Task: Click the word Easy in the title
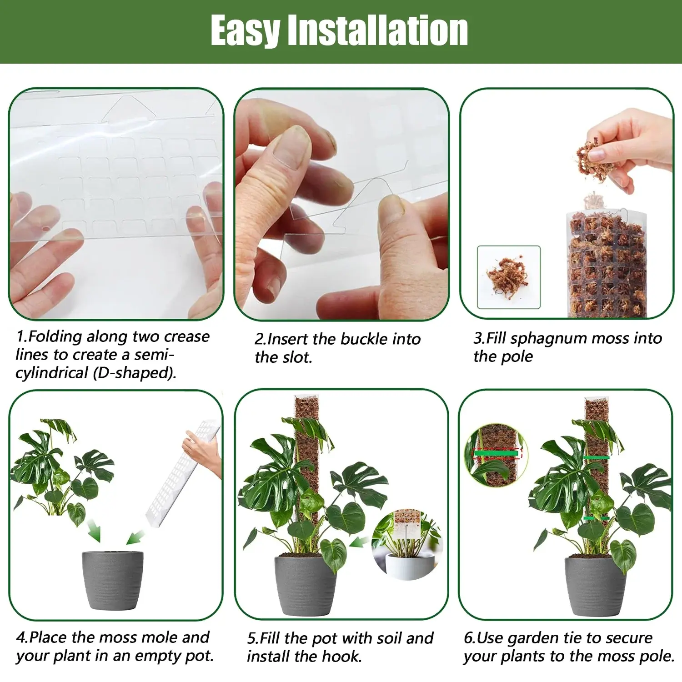pos(246,31)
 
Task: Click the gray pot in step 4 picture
pos(112,581)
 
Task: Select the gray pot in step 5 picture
pos(305,586)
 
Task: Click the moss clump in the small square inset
pos(507,276)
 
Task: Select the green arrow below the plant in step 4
pos(94,531)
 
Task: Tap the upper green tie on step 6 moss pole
pos(597,457)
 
